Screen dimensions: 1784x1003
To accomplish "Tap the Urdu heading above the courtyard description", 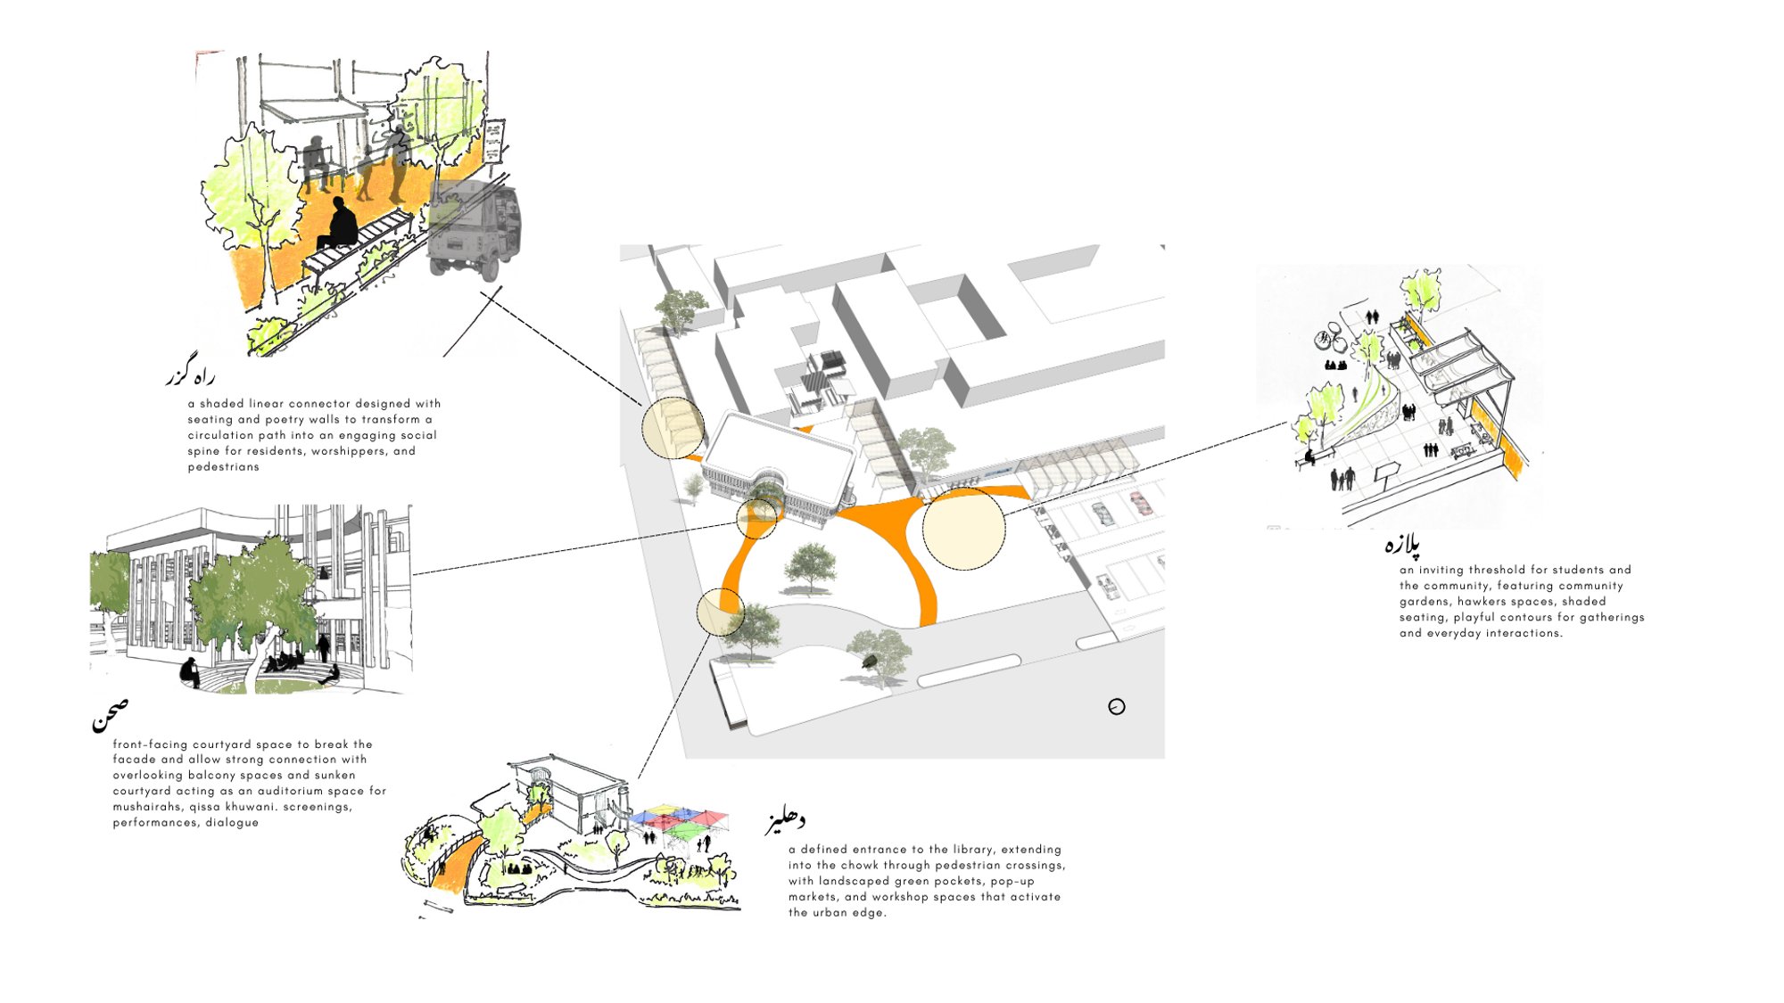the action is (110, 715).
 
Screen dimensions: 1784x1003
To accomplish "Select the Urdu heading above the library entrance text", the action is (785, 821).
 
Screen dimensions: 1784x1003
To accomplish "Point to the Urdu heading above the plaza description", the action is (1402, 543).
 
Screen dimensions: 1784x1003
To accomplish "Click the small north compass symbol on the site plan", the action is (1117, 707).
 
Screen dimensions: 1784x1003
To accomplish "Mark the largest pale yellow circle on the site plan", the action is (963, 529).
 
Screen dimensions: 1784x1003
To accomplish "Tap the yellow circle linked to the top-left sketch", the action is (673, 428).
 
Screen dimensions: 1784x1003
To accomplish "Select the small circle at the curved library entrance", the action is (756, 518).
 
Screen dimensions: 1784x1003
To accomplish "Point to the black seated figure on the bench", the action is (340, 224).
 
